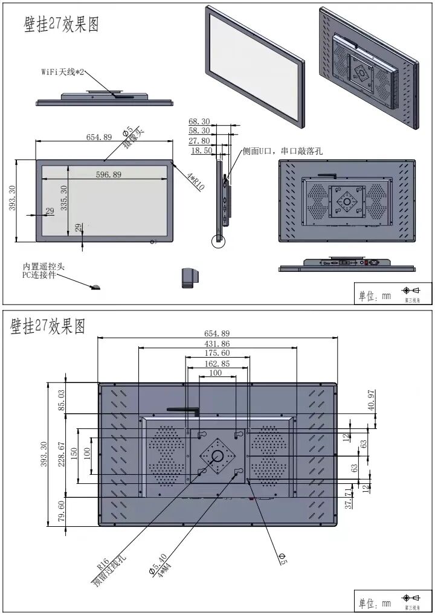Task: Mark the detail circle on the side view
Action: [218, 240]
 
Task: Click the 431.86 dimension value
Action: [217, 343]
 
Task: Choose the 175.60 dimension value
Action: [217, 353]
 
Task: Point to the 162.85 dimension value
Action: [217, 364]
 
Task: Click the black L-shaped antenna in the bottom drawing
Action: [184, 410]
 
